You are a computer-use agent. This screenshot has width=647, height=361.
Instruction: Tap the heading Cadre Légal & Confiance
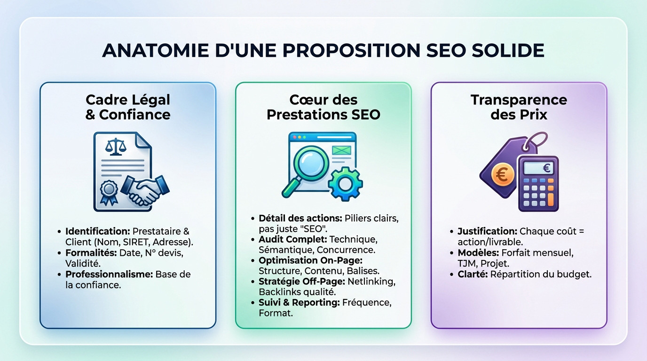tap(128, 107)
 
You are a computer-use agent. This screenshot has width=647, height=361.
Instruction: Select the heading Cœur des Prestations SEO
tap(323, 107)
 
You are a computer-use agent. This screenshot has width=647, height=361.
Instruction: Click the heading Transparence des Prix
tap(519, 107)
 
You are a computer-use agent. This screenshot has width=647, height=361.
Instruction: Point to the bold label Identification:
tap(97, 231)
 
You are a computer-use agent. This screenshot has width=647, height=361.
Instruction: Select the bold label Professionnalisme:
tap(109, 274)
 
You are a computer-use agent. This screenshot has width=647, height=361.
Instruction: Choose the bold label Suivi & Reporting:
tap(299, 302)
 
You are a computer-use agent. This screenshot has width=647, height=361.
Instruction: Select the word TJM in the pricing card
tap(467, 263)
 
